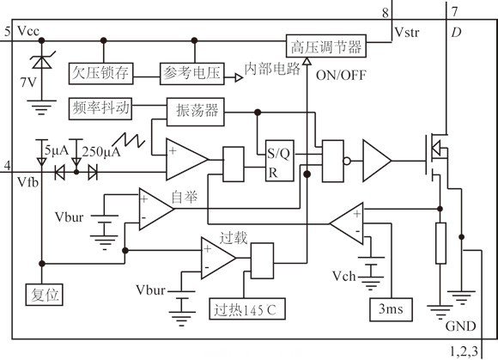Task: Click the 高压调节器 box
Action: click(327, 46)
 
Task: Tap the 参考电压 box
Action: click(190, 74)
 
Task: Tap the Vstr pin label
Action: click(407, 33)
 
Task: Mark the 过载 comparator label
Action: click(234, 237)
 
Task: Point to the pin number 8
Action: click(386, 13)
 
